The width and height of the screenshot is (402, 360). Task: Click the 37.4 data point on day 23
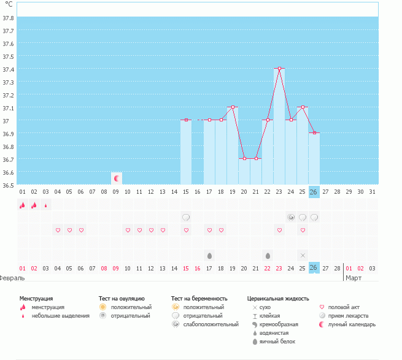coord(279,69)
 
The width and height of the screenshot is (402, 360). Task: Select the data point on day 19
coord(233,107)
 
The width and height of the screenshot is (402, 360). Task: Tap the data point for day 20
coord(244,158)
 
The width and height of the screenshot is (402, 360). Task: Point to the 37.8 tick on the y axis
coord(9,18)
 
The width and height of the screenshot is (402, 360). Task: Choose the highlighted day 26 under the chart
coord(314,192)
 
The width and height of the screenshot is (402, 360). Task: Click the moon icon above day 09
coord(116,178)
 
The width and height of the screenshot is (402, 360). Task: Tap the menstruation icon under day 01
coord(23,205)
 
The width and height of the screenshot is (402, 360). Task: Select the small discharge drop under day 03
coord(45,205)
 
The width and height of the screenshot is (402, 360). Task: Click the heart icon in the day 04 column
coord(58,230)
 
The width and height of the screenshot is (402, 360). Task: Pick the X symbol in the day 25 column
coord(303,255)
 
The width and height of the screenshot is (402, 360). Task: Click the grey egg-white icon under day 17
coord(209,255)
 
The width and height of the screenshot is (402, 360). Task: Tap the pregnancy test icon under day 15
coord(186,217)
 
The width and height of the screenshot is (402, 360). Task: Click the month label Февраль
coord(12,278)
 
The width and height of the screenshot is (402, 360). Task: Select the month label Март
coord(354,278)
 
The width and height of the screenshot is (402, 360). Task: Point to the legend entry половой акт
coord(346,307)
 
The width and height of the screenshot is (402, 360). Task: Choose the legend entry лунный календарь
coord(352,324)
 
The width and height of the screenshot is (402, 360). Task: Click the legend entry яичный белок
coord(277,341)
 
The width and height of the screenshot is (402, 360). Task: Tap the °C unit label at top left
coord(9,4)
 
